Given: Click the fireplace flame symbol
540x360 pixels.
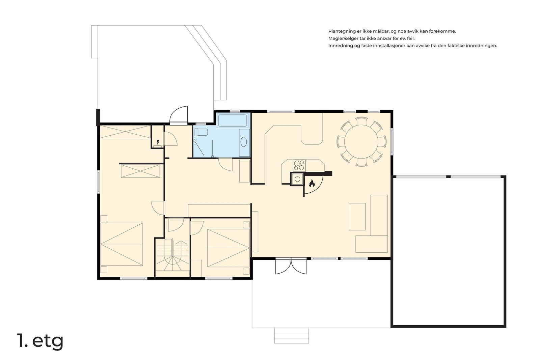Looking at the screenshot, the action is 312,183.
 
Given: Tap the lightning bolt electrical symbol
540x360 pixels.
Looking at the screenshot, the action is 158,142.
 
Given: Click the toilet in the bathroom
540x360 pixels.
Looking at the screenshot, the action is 201,132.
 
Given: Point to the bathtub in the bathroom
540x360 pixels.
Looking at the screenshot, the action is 233,120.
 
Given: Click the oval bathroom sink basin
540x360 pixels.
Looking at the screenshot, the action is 244,142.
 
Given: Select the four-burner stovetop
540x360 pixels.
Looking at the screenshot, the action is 299,166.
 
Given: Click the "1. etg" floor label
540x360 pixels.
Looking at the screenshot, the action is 40,341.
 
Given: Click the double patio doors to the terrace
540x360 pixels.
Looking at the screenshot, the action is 291,266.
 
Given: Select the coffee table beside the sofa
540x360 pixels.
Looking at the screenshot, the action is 357,217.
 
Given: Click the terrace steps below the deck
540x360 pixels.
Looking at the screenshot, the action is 292,335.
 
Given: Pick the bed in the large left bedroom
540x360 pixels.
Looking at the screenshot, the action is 122,244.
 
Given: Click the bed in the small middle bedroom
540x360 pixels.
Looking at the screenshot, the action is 228,248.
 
